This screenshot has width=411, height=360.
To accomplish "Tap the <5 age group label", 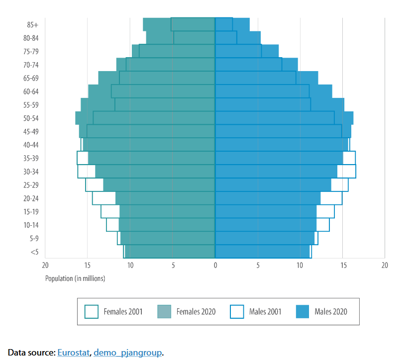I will [34, 252].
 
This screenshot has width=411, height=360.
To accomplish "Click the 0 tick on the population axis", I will [215, 266].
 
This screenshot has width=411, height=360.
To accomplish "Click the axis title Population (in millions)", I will [75, 278].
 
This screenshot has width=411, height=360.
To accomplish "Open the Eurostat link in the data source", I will [74, 353].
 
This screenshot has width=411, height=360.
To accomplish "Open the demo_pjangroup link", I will [127, 353].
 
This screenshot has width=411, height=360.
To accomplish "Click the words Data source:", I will [31, 353].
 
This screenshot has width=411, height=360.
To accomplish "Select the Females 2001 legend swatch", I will [92, 312].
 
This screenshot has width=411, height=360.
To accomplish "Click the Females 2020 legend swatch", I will [164, 312].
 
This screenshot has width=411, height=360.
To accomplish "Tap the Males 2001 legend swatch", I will [237, 312].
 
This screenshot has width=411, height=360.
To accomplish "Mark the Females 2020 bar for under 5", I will [170, 252].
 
